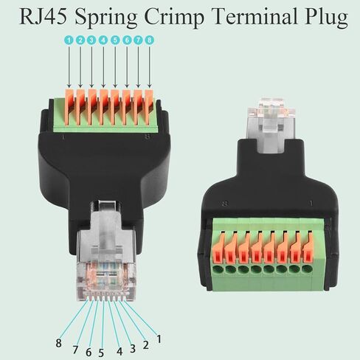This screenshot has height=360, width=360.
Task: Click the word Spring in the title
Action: click(106, 18)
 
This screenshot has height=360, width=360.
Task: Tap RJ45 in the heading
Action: click(43, 16)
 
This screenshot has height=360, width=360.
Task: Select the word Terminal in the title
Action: click(255, 16)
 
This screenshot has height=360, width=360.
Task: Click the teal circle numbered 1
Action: click(69, 40)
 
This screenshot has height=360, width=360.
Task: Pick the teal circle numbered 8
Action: click(149, 40)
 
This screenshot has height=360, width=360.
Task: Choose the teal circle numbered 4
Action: click(103, 40)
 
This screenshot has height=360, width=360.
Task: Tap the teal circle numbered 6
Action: click(127, 40)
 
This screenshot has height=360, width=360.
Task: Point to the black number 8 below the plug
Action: click(58, 343)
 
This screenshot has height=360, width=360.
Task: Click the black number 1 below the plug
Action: click(159, 339)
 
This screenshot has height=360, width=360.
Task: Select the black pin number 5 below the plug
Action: click(101, 353)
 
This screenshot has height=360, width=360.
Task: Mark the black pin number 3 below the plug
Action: click(133, 348)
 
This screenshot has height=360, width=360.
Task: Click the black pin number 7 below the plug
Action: click(75, 350)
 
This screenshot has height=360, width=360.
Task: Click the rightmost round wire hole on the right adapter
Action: click(307, 269)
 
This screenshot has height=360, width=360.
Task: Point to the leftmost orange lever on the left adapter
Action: click(69, 107)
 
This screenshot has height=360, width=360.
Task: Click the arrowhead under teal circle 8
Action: click(150, 86)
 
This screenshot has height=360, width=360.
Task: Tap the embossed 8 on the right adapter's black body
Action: click(225, 204)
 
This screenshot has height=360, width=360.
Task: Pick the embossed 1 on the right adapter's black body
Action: click(311, 204)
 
